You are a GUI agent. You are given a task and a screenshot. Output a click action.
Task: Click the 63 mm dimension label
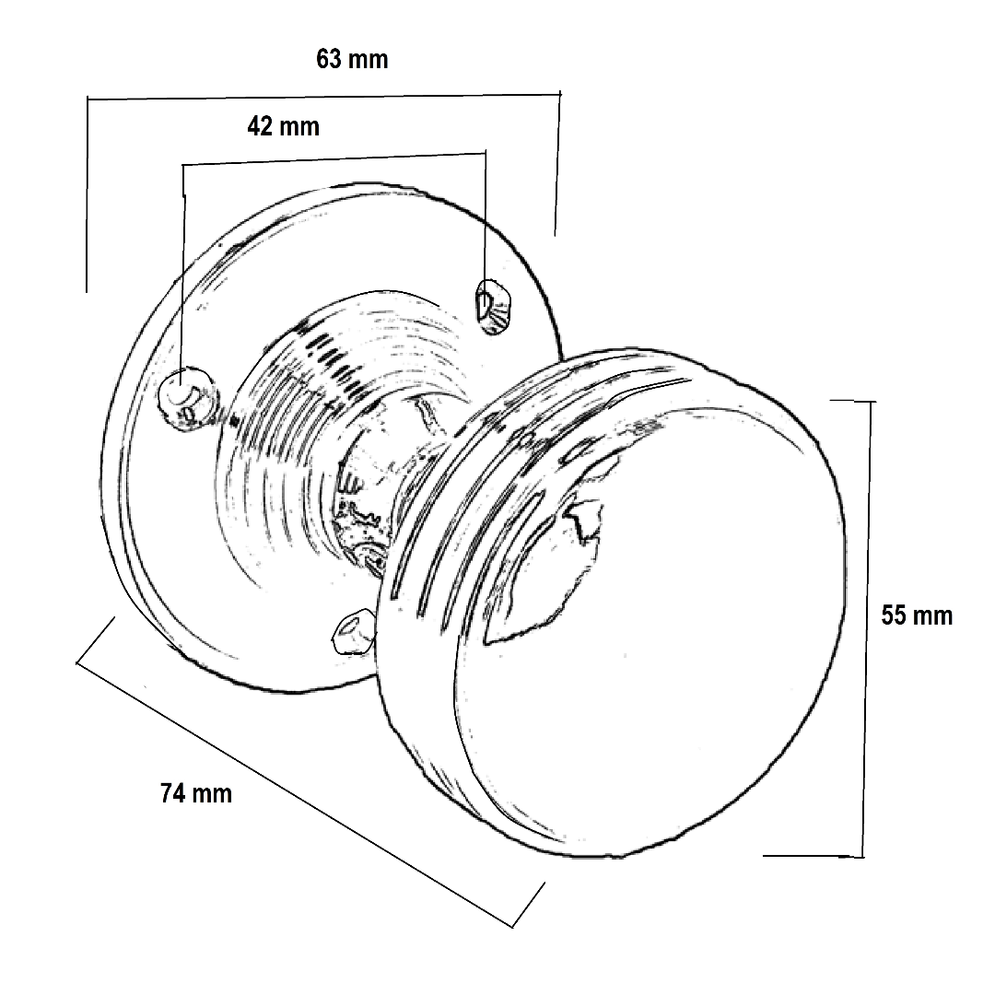click(352, 60)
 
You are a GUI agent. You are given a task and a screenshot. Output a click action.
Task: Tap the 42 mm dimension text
click(283, 126)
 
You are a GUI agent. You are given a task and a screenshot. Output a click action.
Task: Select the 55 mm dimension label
click(916, 615)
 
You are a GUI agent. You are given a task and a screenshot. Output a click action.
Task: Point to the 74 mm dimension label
click(195, 793)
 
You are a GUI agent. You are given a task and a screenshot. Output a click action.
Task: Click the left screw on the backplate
click(187, 397)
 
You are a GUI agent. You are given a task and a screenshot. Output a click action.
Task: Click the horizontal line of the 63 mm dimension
click(322, 96)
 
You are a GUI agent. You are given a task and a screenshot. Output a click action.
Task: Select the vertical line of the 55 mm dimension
click(867, 626)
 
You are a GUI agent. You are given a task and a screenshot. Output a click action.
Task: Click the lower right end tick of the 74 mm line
click(528, 904)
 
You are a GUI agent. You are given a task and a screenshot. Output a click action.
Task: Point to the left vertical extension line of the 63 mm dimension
click(87, 193)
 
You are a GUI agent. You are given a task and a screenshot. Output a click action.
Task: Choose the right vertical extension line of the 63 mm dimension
click(557, 162)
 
